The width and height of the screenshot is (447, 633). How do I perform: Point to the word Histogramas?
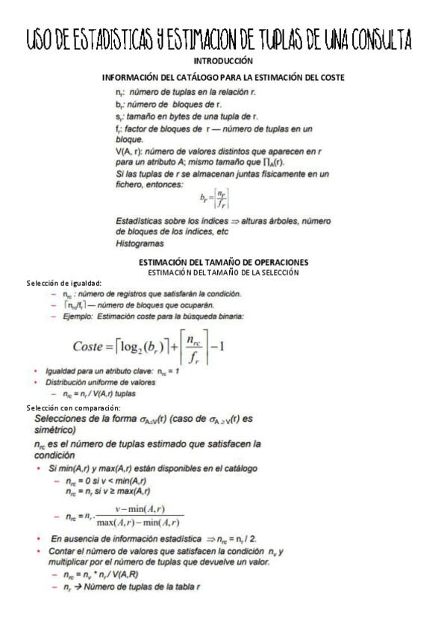pos(140,243)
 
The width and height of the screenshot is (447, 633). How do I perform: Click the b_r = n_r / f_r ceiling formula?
pos(214,197)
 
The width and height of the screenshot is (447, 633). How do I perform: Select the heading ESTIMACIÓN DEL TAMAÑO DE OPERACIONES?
pos(224,262)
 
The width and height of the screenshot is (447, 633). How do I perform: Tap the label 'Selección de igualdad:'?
pos(63,282)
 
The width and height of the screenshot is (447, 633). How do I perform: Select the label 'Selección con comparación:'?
pos(72,408)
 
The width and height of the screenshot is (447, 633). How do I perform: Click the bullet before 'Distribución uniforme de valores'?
pos(38,382)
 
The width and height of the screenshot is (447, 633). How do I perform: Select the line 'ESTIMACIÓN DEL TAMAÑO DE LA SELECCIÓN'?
pos(224,272)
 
